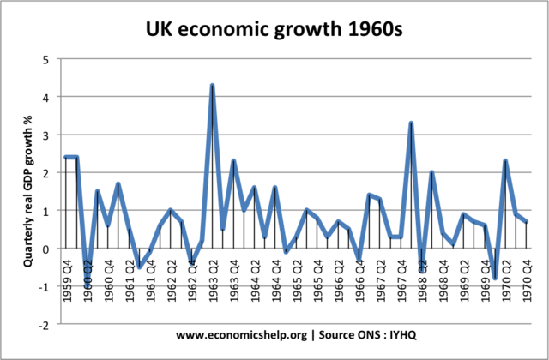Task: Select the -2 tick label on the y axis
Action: point(44,325)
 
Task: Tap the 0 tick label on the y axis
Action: point(46,249)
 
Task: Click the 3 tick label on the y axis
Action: point(46,135)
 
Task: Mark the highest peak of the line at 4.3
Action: point(212,86)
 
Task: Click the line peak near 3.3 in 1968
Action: point(412,123)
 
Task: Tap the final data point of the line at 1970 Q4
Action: point(527,221)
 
